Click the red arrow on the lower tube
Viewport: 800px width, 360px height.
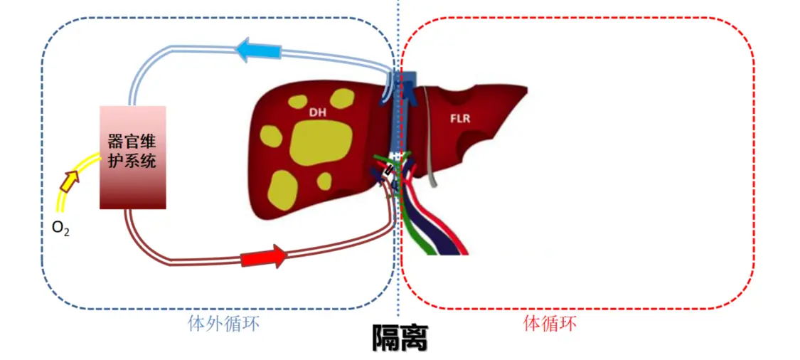click(x=265, y=256)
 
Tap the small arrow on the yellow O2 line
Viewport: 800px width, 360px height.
click(x=70, y=181)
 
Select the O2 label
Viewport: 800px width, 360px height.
click(x=60, y=228)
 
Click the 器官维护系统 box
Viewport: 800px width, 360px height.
click(x=133, y=157)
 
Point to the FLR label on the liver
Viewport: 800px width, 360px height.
click(x=461, y=119)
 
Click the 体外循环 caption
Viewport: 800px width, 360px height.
click(x=223, y=324)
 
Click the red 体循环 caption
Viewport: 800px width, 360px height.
click(x=550, y=323)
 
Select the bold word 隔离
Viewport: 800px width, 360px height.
click(x=400, y=337)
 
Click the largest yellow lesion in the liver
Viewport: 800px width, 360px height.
click(x=321, y=144)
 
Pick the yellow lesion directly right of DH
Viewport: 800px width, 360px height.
click(x=342, y=99)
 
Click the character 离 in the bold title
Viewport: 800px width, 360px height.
click(x=414, y=337)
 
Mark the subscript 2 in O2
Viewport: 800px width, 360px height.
click(x=66, y=233)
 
